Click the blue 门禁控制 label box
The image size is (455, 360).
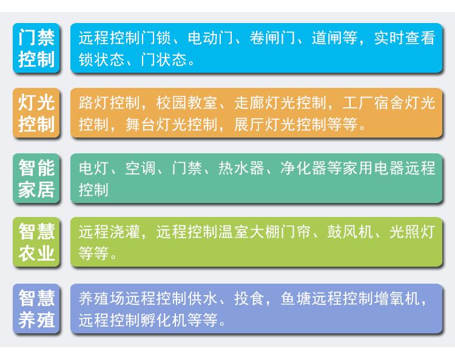[36, 48]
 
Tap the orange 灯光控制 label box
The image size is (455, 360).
[36, 113]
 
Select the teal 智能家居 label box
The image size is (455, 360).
[36, 178]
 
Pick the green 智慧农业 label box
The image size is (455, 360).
[36, 242]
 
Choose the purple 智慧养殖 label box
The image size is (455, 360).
[36, 308]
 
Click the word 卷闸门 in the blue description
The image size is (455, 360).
[272, 38]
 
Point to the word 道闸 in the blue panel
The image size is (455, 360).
[327, 38]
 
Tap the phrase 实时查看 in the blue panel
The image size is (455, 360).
[405, 38]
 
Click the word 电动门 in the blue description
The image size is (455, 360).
[211, 38]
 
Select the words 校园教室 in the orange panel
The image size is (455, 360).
[187, 103]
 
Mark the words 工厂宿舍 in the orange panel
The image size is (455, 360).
[374, 103]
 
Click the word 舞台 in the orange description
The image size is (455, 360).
[141, 124]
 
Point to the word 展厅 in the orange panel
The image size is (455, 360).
[249, 124]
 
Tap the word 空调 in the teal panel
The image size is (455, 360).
[141, 168]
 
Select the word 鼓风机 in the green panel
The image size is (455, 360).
[350, 232]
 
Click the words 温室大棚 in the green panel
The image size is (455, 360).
[249, 232]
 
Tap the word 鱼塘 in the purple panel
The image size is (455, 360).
[296, 299]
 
